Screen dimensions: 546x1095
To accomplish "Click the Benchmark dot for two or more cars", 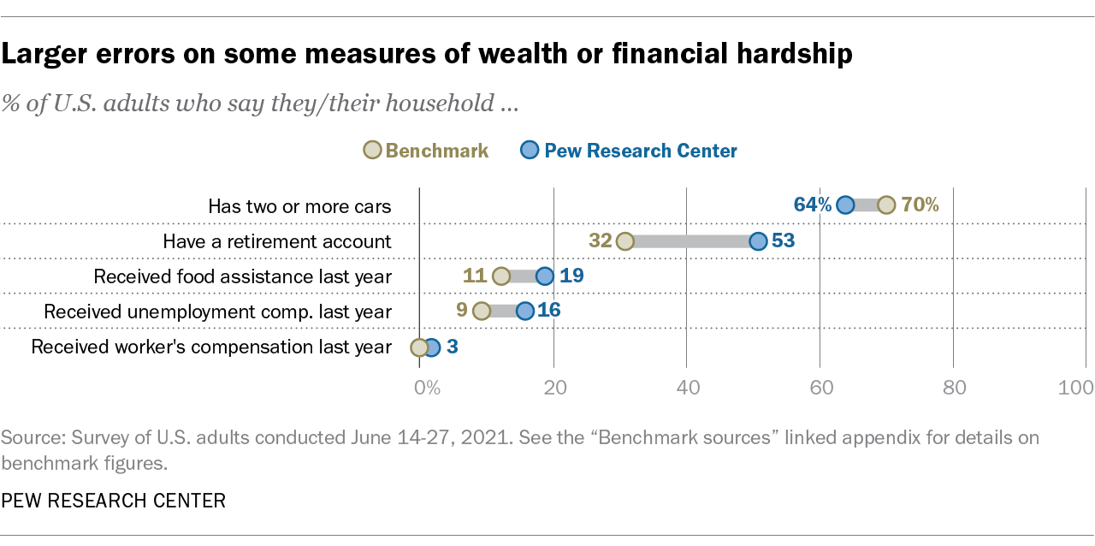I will [x=886, y=205].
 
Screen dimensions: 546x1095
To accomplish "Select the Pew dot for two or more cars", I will [x=845, y=205].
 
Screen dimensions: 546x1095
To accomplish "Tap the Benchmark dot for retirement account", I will [x=625, y=241].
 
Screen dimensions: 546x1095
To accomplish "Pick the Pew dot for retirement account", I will [x=758, y=241].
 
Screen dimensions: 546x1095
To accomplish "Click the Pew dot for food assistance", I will [x=545, y=276].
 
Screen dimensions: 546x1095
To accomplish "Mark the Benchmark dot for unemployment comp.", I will [x=482, y=312].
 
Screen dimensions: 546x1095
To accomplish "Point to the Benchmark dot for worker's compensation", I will [x=419, y=347].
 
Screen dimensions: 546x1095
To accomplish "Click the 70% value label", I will [x=920, y=205].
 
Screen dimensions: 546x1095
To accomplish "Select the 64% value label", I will [x=812, y=205].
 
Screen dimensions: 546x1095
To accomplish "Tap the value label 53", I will [x=784, y=241].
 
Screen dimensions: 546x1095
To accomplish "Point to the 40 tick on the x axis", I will [x=688, y=387].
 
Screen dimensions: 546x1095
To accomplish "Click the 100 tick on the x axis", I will [x=1075, y=387].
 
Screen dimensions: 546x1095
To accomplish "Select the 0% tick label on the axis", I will [x=427, y=387].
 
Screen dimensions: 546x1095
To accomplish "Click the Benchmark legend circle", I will [x=373, y=151].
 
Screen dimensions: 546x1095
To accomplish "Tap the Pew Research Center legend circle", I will [x=530, y=151].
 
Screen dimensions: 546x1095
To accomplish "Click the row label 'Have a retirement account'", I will [x=277, y=241].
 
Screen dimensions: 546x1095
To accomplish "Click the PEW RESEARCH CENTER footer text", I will [x=113, y=501].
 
